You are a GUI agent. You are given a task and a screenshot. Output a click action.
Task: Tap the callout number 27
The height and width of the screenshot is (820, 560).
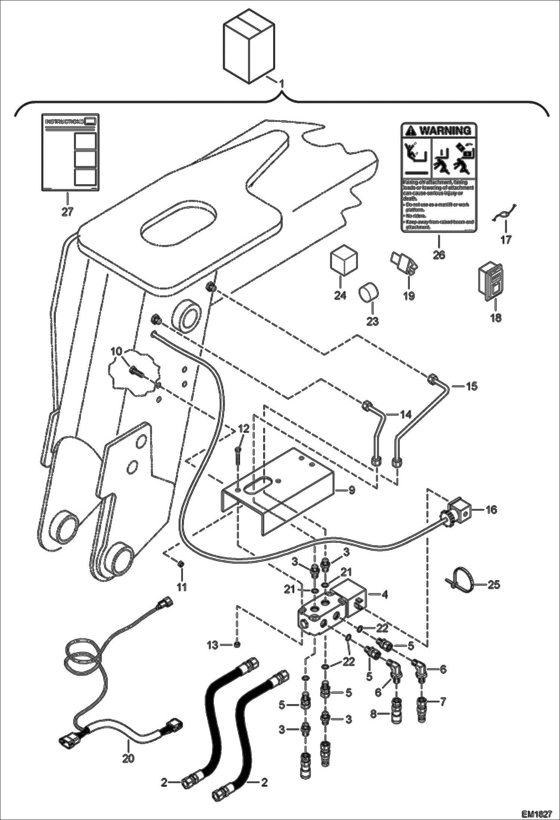click(x=68, y=211)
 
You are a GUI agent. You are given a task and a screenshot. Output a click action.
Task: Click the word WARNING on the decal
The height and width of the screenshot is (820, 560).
click(x=445, y=130)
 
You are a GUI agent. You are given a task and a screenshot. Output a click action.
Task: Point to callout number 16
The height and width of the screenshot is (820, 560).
click(x=492, y=509)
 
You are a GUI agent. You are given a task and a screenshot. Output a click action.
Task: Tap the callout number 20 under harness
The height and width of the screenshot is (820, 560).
click(x=128, y=759)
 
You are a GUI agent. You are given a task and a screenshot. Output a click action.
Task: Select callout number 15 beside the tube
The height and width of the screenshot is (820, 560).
click(x=472, y=386)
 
